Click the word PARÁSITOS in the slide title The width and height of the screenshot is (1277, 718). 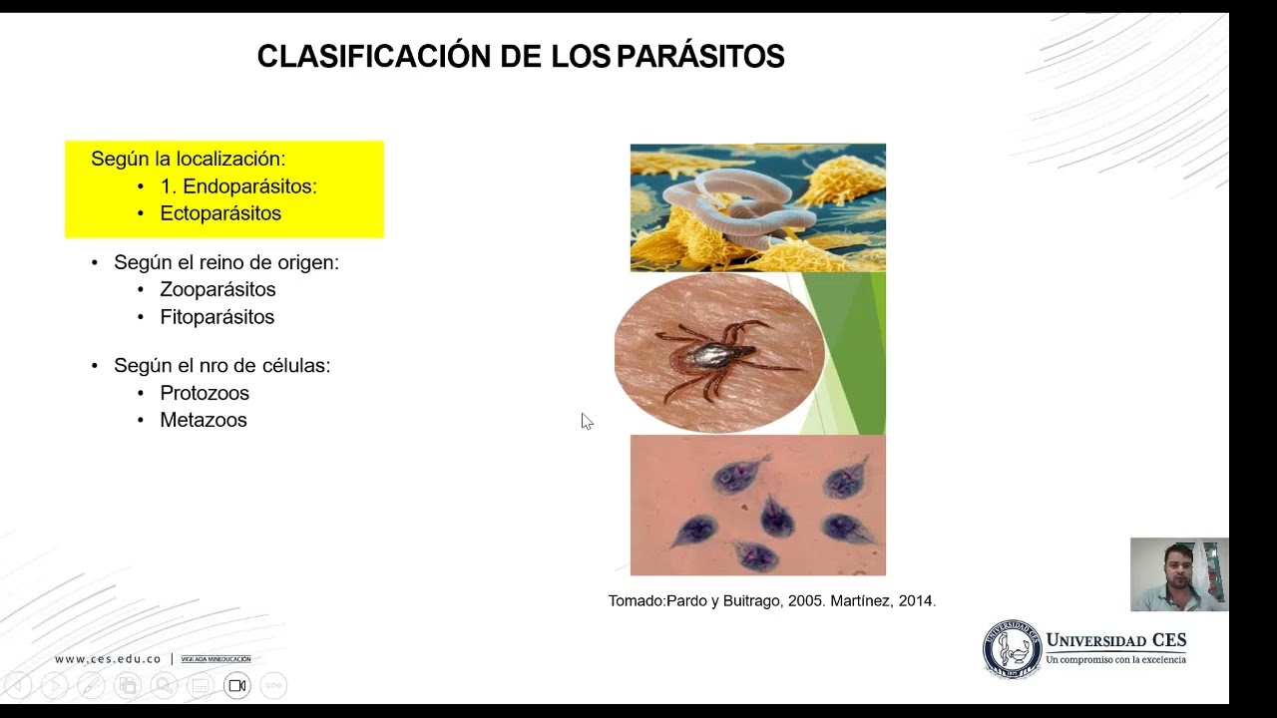point(700,57)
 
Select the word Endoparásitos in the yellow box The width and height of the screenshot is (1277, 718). point(249,186)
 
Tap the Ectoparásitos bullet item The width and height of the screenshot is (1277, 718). point(220,213)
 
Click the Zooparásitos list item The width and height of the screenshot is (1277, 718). point(217,289)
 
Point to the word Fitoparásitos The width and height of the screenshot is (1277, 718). point(216,317)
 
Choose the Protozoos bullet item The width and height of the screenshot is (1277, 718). point(205,393)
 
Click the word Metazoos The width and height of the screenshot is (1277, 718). point(204,420)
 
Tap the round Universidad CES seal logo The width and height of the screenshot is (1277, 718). point(1012,649)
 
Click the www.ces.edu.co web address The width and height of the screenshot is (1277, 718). point(108,659)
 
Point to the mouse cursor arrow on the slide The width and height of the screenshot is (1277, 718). point(585,420)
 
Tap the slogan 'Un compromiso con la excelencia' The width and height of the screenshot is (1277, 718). point(1115,660)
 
